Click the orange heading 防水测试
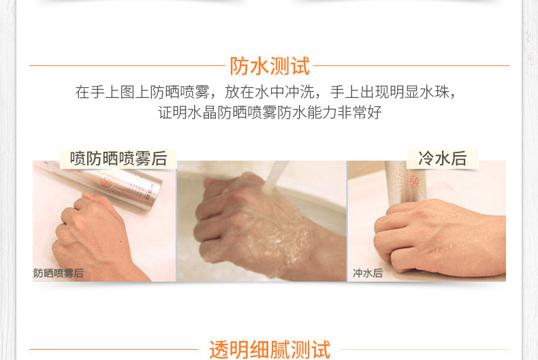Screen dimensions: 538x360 [x=270, y=66]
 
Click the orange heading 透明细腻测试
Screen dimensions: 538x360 [x=270, y=350]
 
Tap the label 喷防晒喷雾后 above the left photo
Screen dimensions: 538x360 [x=118, y=159]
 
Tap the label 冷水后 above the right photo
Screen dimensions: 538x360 [x=442, y=159]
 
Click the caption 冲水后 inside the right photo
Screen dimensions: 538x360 [x=368, y=273]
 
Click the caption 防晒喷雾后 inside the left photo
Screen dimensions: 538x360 [x=59, y=274]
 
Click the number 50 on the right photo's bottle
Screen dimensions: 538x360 [x=414, y=182]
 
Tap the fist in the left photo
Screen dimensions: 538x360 [x=95, y=237]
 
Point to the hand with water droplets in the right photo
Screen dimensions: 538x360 [x=439, y=237]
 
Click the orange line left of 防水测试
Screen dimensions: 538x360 [x=127, y=65]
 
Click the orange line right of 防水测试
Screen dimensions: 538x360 [x=411, y=65]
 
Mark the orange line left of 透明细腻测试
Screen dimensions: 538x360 [x=114, y=349]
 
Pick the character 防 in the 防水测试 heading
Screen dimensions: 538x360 [x=239, y=66]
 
